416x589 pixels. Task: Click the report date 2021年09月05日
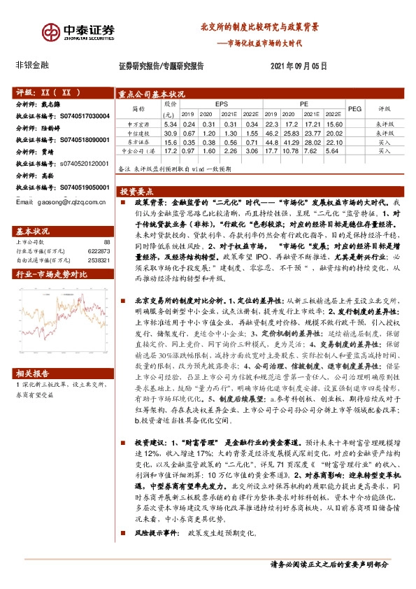298,66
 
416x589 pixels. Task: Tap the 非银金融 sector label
32,65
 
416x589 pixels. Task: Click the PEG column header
354,108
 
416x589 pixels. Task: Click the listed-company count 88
106,241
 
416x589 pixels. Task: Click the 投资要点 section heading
138,190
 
